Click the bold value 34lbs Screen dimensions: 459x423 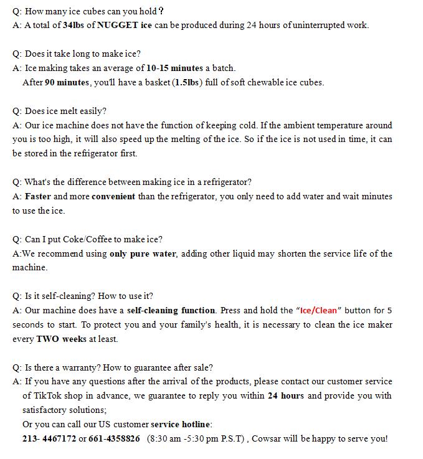tap(74, 26)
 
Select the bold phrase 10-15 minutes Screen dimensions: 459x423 tap(174, 68)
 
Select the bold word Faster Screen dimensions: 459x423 tap(38, 196)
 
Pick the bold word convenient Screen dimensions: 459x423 tap(113, 196)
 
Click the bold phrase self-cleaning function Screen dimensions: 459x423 tap(171, 310)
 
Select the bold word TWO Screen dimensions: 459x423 tap(48, 339)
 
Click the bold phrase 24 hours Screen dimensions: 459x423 tap(286, 395)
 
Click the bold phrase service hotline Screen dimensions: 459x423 tap(181, 424)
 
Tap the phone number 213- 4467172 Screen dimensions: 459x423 tap(49, 438)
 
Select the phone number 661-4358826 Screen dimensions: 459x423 tap(114, 438)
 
